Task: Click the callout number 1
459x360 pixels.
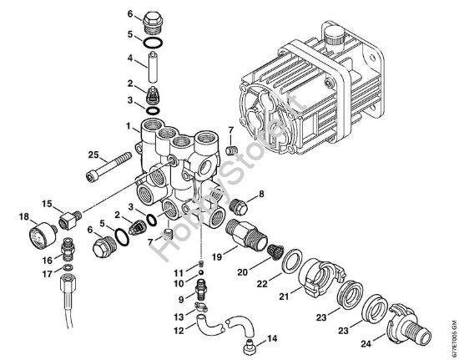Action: (129, 127)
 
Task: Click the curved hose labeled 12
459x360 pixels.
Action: (224, 321)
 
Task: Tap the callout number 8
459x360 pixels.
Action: (261, 194)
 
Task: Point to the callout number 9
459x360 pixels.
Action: (179, 299)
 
